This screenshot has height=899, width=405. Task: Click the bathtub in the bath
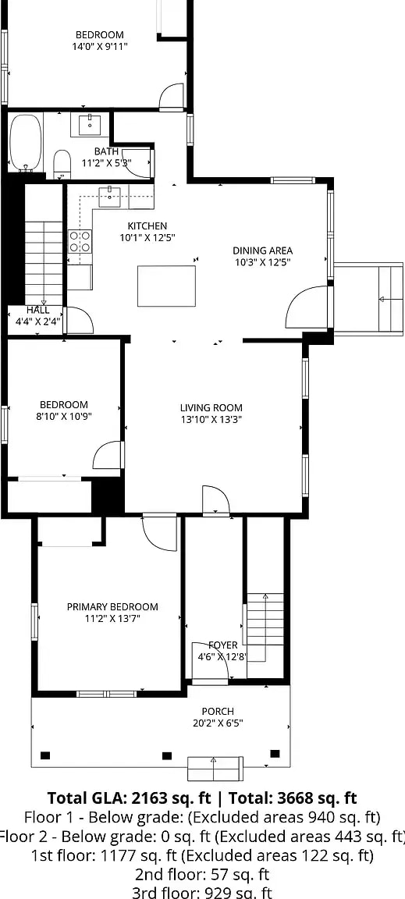(25, 142)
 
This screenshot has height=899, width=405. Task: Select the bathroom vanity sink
(91, 124)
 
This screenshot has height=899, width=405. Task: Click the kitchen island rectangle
(166, 286)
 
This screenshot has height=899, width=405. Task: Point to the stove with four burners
(80, 242)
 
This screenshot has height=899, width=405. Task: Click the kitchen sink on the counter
(110, 197)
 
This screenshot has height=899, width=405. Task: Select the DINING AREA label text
(262, 251)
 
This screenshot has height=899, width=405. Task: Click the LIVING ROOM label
(211, 407)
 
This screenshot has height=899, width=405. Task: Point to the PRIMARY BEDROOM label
(112, 606)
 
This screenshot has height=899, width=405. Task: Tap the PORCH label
(218, 711)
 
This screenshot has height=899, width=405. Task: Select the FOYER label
(222, 645)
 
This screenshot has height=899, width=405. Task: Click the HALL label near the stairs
(37, 310)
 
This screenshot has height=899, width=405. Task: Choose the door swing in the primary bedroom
(160, 534)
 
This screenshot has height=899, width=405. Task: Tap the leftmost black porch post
(45, 755)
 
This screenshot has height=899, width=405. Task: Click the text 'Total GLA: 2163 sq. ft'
(126, 798)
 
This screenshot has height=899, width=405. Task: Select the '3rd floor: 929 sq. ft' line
(203, 893)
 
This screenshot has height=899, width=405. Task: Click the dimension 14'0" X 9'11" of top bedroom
(99, 46)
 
